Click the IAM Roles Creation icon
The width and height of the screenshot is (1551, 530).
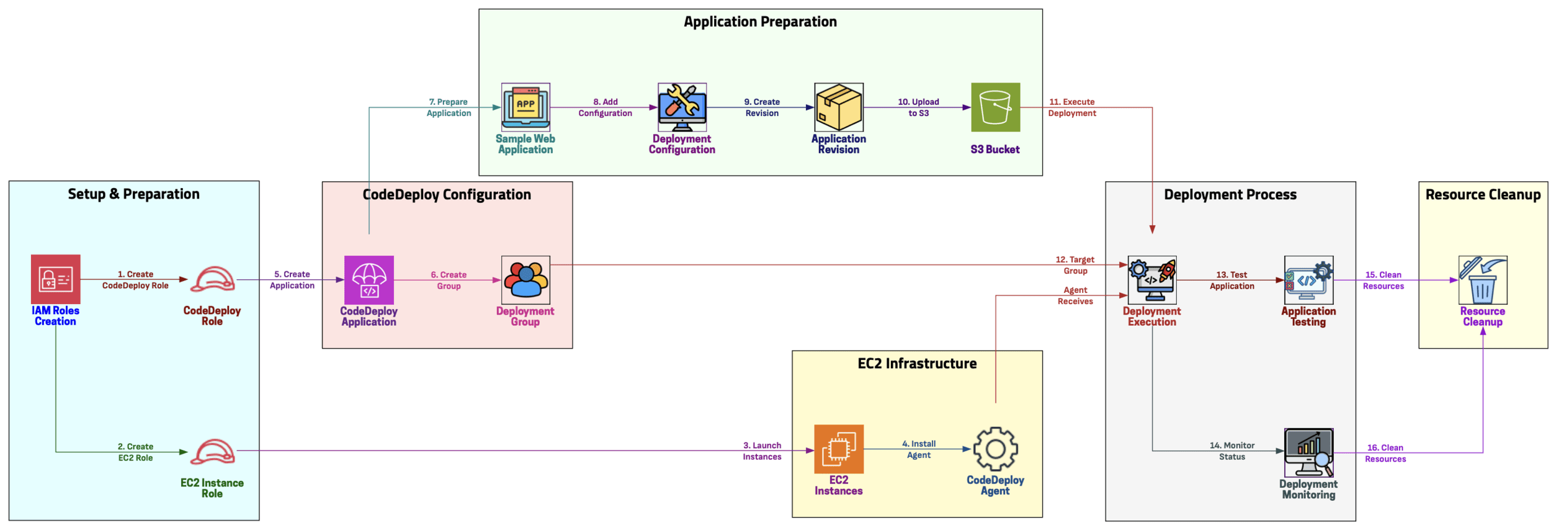(56, 279)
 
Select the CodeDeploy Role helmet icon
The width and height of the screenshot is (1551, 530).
(212, 279)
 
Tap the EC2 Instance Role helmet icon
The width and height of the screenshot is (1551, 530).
(212, 452)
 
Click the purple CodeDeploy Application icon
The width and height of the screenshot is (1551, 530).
(369, 280)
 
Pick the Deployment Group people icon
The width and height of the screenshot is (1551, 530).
(525, 280)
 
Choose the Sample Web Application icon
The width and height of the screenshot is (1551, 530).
(525, 107)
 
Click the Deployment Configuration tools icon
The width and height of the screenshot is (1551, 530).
(682, 107)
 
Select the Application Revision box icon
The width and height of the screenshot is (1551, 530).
(839, 107)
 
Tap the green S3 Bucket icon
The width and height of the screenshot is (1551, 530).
(995, 107)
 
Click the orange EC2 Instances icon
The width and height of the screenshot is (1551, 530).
(839, 449)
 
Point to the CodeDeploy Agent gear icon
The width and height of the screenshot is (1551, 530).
(995, 449)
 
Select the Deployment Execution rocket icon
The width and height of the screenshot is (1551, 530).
(1152, 280)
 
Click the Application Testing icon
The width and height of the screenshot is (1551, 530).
(1308, 280)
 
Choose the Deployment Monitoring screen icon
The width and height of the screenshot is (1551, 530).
(1308, 452)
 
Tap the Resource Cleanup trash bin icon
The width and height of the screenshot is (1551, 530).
(1483, 280)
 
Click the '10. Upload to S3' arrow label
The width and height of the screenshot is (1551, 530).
(918, 107)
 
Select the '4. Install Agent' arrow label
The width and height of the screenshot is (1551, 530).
(919, 449)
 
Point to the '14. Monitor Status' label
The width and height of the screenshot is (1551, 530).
(1231, 451)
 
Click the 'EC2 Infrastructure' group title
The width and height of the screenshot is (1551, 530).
(917, 364)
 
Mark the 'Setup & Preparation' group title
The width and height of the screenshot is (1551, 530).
(134, 194)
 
